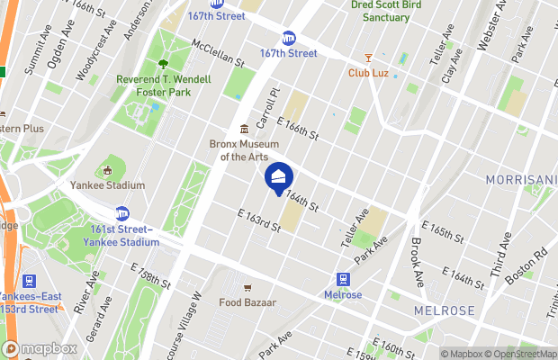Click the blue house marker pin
pos(279,177)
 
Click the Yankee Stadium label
pos(107,185)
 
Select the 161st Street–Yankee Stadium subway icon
pos(121,213)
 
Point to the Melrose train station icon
pos(343,280)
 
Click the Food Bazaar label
pos(247,302)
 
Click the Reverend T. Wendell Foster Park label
pos(164,85)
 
